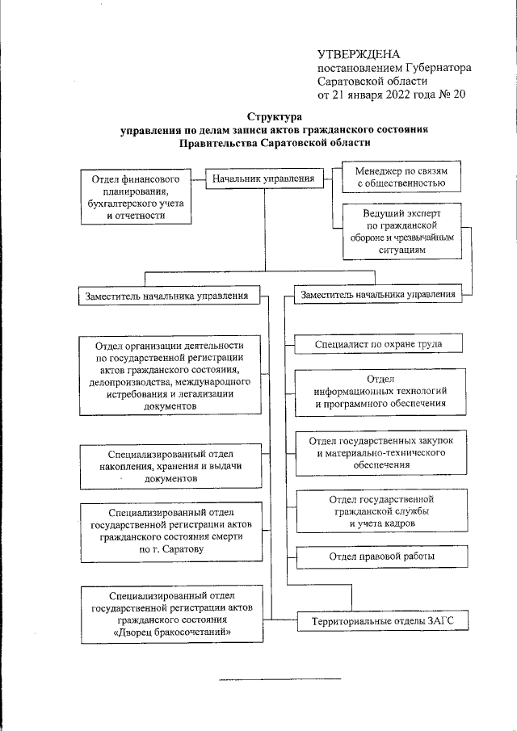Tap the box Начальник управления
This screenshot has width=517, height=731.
[x=263, y=178]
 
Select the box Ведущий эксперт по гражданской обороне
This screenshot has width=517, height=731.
[x=401, y=232]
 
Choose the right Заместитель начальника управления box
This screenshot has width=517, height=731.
[x=377, y=296]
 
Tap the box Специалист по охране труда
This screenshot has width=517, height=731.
[x=378, y=344]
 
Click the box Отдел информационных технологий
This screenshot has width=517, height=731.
[x=380, y=391]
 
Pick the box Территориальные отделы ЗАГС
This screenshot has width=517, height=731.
[x=378, y=621]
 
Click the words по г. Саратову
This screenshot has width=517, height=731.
[x=171, y=548]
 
